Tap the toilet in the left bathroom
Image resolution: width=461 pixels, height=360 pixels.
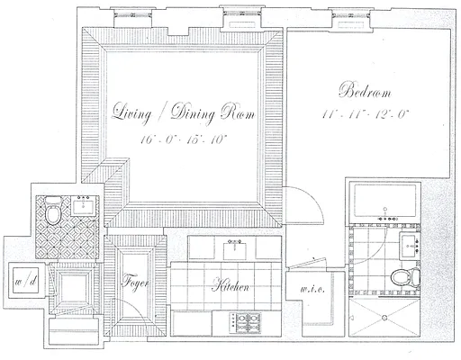click(53, 213)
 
